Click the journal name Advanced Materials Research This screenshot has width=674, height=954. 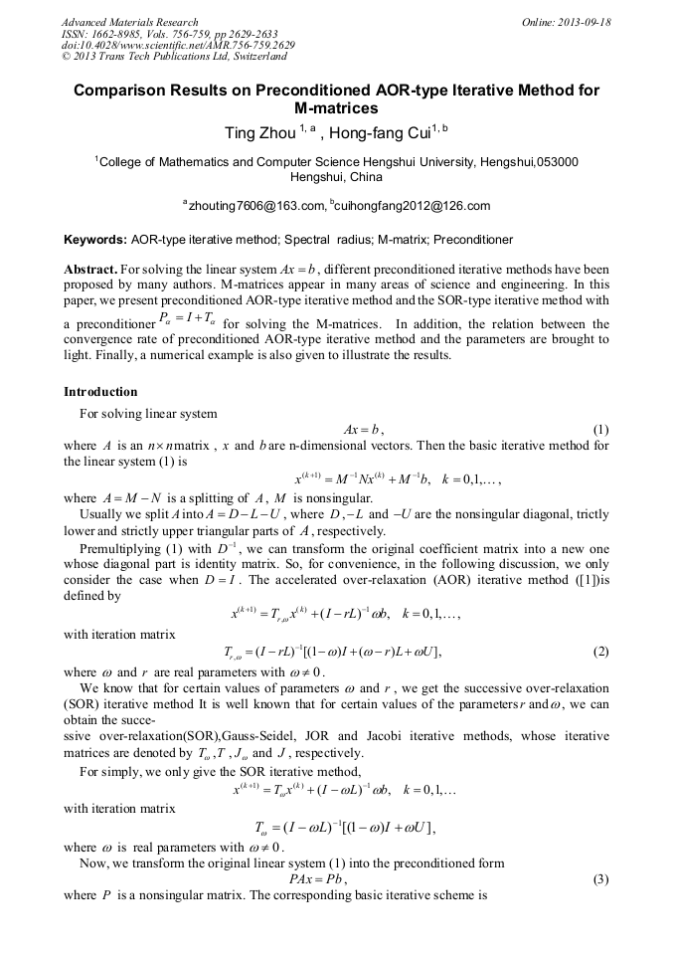click(129, 22)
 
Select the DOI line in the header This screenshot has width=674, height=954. click(178, 45)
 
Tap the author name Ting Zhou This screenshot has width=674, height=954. click(262, 132)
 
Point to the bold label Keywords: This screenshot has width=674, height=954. click(95, 240)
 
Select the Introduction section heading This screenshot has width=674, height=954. click(100, 391)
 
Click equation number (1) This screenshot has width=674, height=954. click(599, 430)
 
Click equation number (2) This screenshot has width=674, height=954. click(599, 652)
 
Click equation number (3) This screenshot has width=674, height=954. click(599, 879)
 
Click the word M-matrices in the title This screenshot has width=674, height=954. click(337, 108)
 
